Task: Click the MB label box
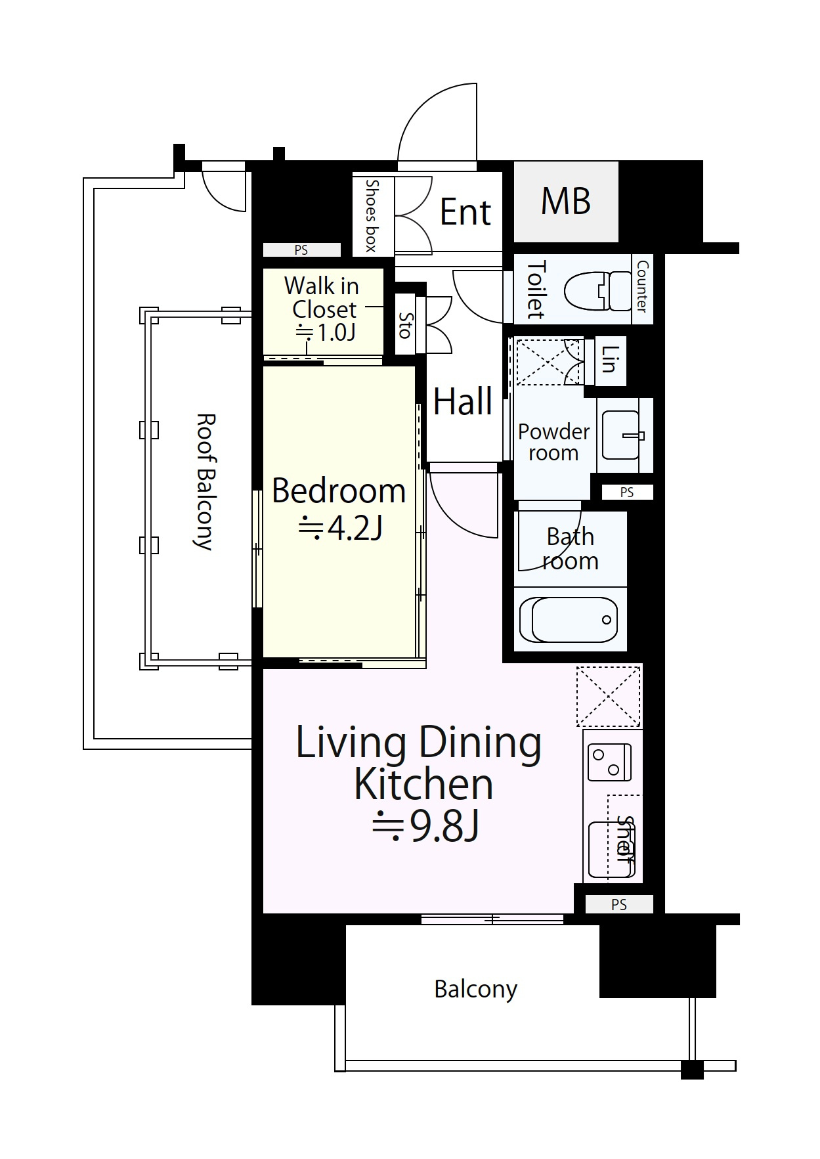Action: [566, 202]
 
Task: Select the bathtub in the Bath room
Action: [569, 619]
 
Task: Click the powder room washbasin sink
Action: [621, 435]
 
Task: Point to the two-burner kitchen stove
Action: [610, 762]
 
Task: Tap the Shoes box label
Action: [372, 215]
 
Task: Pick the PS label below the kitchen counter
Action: [619, 905]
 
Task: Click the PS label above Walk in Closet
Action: [301, 250]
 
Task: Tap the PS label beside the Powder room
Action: [626, 492]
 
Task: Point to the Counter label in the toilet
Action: [642, 286]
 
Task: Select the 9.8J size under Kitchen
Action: [425, 827]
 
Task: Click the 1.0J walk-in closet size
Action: [326, 332]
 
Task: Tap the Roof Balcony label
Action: [205, 481]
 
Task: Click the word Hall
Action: [463, 401]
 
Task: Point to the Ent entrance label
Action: [465, 212]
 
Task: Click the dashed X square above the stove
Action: [608, 696]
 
